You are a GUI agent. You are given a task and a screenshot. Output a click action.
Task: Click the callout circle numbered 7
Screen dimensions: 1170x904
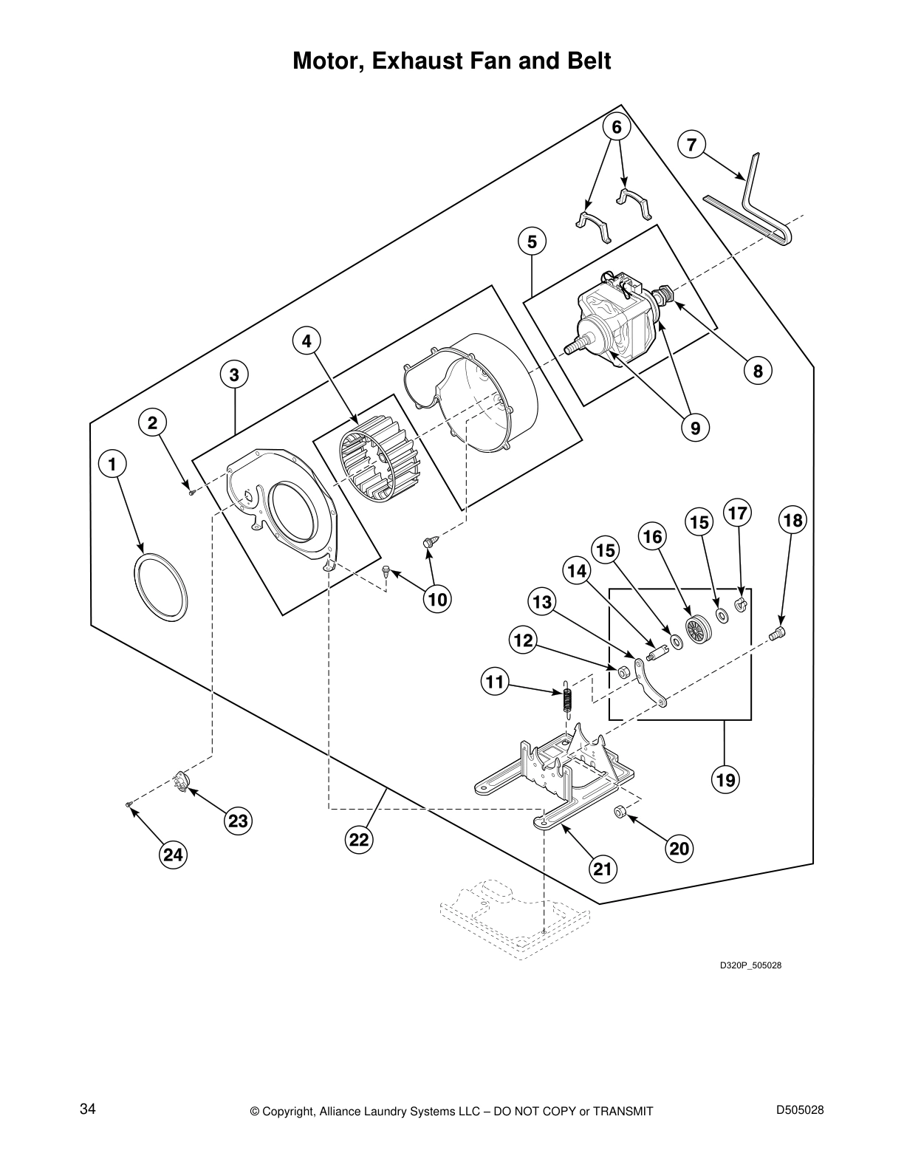(691, 145)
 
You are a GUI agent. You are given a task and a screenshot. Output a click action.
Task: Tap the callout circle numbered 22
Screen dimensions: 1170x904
(359, 840)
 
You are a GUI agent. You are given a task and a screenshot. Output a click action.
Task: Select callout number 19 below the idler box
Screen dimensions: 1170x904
(725, 779)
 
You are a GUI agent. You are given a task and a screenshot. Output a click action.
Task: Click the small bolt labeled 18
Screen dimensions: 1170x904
(778, 632)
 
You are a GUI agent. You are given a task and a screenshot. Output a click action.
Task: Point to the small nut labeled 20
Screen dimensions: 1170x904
(620, 812)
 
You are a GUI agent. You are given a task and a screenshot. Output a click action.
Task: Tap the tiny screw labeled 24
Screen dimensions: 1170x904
(129, 804)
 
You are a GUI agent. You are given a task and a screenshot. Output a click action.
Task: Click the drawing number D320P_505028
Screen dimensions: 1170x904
(750, 965)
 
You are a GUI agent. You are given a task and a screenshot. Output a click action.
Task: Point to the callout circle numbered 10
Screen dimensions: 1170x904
(438, 599)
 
